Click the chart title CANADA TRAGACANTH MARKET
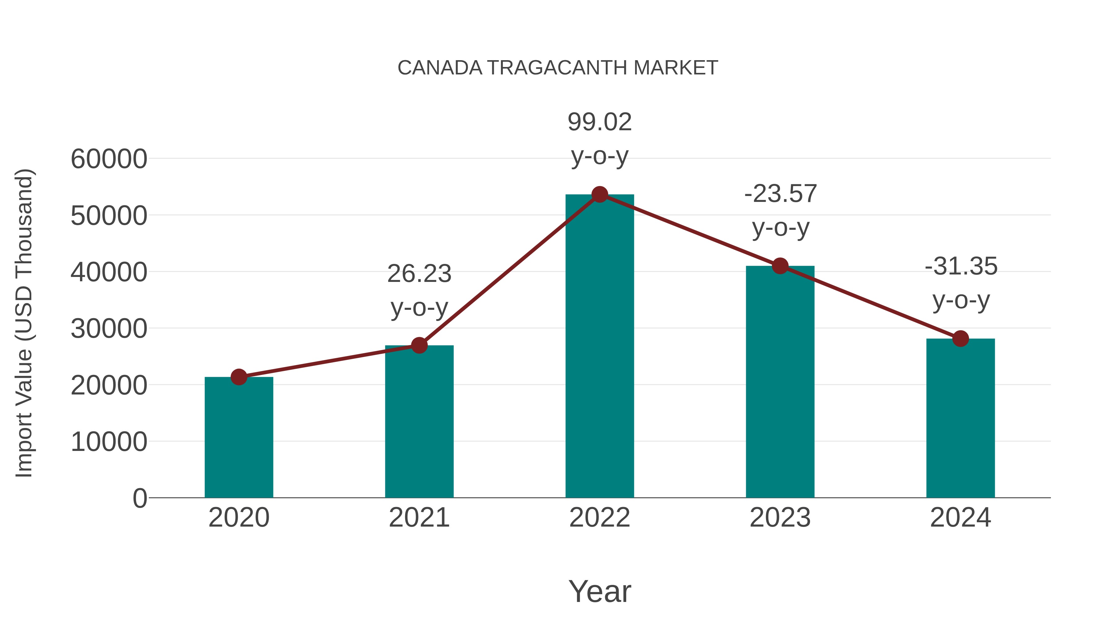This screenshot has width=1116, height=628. click(x=558, y=68)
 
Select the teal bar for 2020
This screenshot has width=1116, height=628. click(x=239, y=438)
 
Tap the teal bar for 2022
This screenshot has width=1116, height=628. click(x=600, y=347)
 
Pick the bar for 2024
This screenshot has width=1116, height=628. click(x=960, y=418)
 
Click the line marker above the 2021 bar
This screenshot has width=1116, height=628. click(x=419, y=345)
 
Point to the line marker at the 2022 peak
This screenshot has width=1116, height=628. click(x=600, y=194)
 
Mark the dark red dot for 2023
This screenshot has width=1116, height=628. click(x=780, y=266)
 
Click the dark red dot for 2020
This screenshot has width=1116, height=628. click(x=239, y=377)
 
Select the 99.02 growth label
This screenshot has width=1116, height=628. click(x=600, y=122)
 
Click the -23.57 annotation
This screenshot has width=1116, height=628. click(x=780, y=194)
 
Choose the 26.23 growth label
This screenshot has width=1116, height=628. click(x=419, y=274)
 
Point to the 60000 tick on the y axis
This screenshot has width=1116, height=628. click(x=109, y=159)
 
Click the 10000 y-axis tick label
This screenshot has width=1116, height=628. click(x=109, y=442)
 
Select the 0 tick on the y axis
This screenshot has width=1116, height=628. click(x=139, y=498)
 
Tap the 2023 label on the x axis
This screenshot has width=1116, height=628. click(x=780, y=518)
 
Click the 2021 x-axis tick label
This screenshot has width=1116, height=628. click(x=419, y=518)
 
